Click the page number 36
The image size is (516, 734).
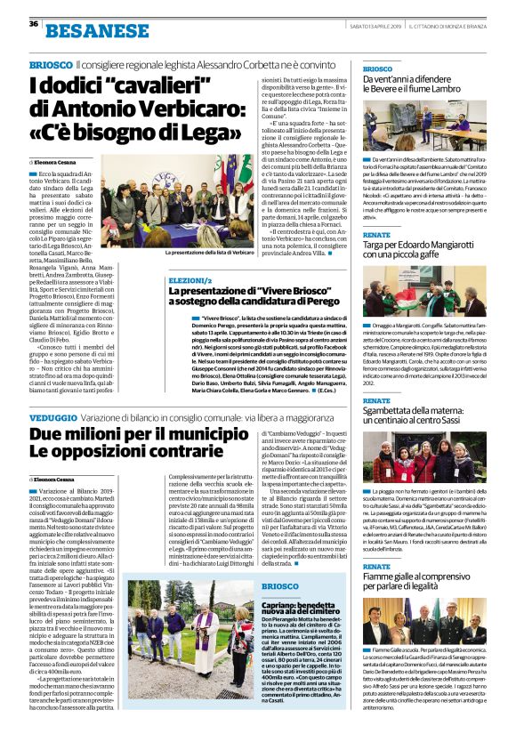pos(33,24)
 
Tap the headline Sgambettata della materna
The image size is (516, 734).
pos(422,415)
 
